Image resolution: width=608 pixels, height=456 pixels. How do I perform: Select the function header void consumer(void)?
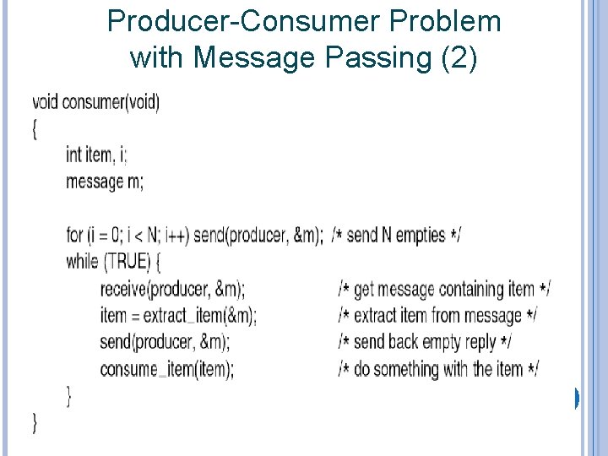tap(95, 103)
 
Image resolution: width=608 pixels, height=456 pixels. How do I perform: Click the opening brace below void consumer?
tap(35, 129)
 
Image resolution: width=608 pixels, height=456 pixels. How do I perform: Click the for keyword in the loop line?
tap(74, 235)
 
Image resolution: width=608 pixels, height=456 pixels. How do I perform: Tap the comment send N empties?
tap(396, 235)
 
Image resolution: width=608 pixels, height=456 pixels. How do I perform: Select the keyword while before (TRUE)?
tap(82, 261)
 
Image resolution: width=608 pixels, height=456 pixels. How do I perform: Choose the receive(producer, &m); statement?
tap(172, 289)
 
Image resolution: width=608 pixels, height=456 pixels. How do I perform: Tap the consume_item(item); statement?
tap(167, 369)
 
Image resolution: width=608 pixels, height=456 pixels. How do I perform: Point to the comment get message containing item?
tap(444, 289)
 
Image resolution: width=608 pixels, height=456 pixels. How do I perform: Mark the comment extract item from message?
tap(437, 316)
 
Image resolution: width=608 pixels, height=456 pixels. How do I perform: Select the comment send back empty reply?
tap(424, 342)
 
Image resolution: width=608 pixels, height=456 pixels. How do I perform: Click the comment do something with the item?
tap(438, 369)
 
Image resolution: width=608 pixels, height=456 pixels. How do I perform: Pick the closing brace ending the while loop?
tap(68, 394)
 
